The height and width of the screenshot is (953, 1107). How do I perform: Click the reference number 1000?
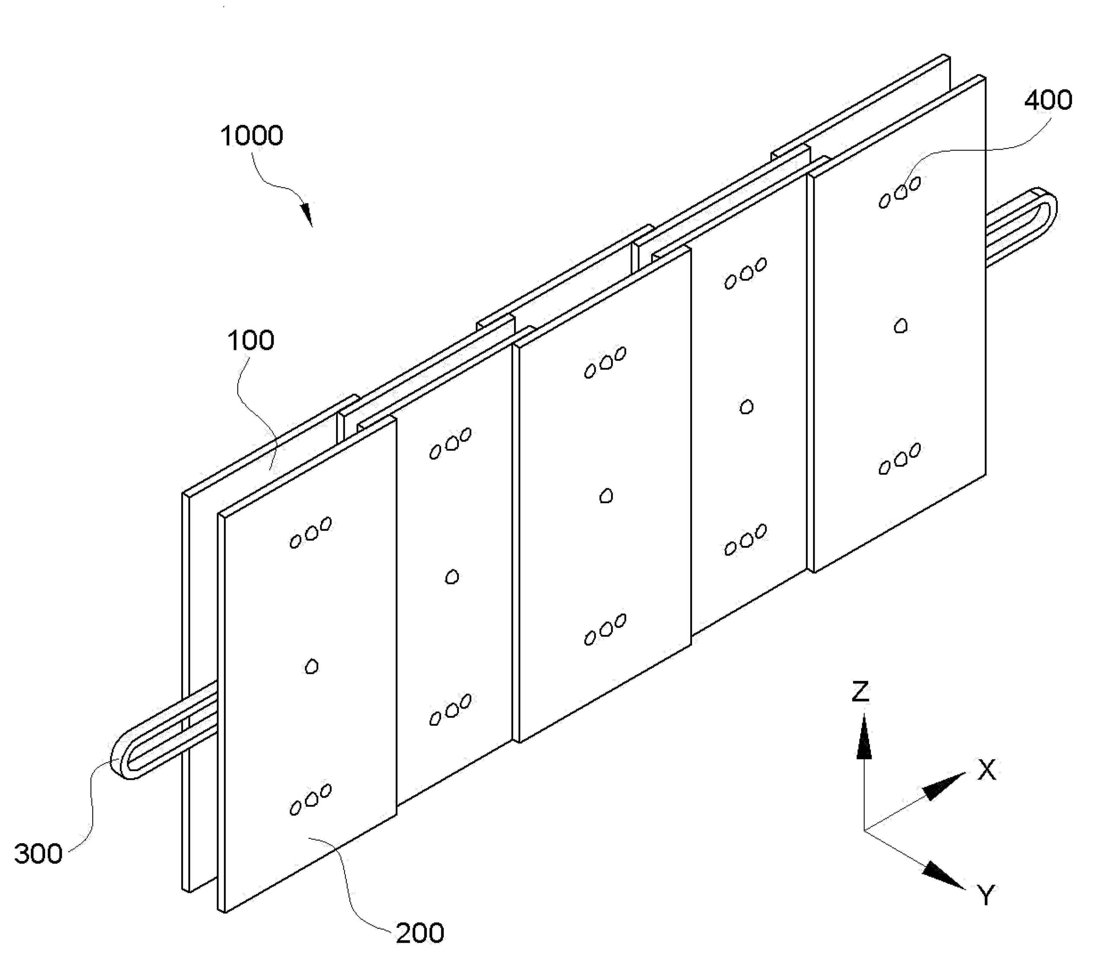[x=252, y=136]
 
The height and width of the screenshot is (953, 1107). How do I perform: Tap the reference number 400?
[x=1048, y=100]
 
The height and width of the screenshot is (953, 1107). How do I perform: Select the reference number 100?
[x=251, y=340]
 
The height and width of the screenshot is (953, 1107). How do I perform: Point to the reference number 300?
[x=38, y=854]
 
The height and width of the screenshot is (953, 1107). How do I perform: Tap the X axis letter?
[x=986, y=770]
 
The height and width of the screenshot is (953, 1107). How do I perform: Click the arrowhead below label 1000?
[x=307, y=215]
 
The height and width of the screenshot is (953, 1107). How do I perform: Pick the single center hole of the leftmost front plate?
[x=311, y=667]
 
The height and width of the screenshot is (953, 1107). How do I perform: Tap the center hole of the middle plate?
[x=606, y=497]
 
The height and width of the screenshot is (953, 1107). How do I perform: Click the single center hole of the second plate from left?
[x=452, y=577]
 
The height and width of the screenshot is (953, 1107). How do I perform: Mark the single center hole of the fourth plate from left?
[x=747, y=407]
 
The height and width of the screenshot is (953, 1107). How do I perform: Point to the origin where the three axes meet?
[x=864, y=830]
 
